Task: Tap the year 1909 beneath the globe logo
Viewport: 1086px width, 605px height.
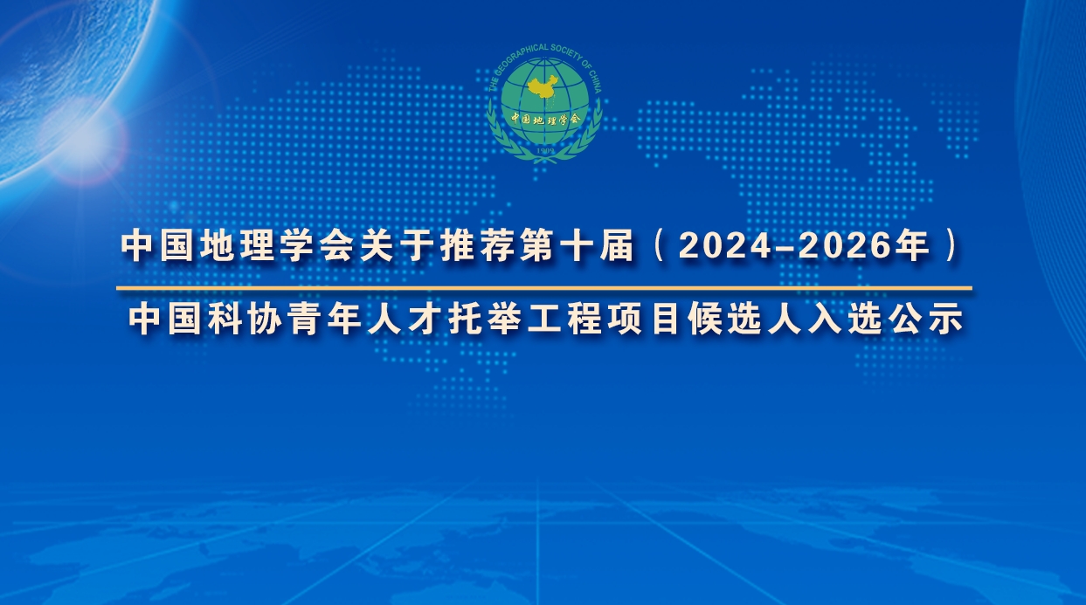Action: [x=545, y=151]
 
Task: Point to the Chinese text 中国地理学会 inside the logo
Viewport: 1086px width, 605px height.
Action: [x=545, y=118]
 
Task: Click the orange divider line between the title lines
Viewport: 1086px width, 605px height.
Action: [x=544, y=289]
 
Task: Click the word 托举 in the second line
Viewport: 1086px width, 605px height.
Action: [x=485, y=319]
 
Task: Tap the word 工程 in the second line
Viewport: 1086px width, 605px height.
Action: [x=564, y=319]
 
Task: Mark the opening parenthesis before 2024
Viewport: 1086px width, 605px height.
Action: [x=659, y=246]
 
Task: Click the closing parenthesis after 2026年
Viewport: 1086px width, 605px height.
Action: [x=951, y=246]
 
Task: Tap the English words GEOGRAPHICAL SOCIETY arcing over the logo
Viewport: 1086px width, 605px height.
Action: [x=543, y=52]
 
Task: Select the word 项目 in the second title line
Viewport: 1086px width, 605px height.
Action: [x=645, y=319]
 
